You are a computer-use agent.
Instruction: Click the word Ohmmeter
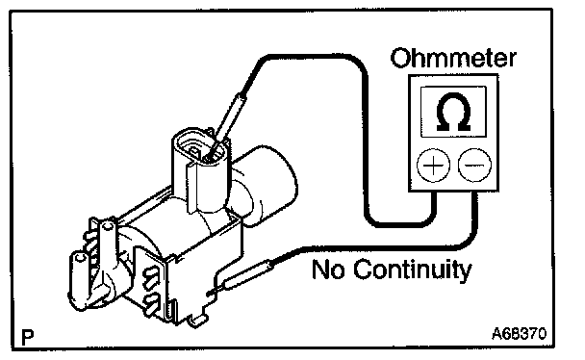[x=453, y=58]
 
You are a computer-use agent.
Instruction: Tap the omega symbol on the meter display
[x=453, y=112]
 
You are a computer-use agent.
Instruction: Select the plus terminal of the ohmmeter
[x=433, y=165]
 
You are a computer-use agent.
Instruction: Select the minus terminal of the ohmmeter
[x=474, y=165]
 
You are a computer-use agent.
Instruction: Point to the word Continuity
[x=413, y=270]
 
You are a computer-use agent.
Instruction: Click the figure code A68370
[x=519, y=333]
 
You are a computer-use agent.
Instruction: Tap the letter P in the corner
[x=28, y=337]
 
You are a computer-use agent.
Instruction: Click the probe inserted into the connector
[x=227, y=123]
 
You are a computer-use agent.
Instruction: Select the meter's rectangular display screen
[x=453, y=112]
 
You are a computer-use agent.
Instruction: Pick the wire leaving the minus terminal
[x=392, y=247]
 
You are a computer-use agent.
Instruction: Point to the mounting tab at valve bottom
[x=198, y=320]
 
